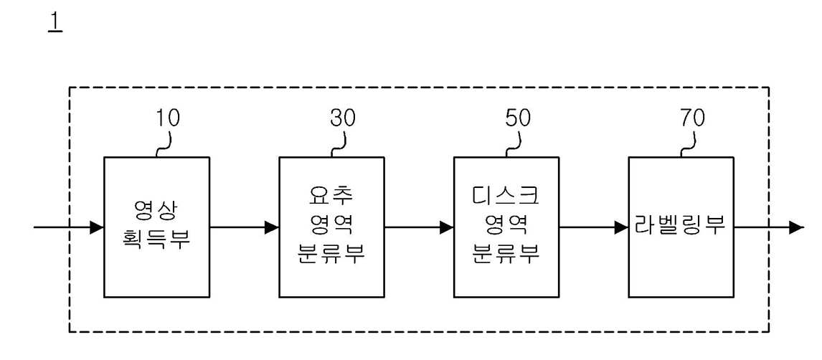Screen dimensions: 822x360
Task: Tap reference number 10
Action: click(x=168, y=118)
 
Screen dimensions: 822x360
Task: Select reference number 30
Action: click(x=343, y=118)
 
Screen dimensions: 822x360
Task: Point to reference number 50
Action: click(x=518, y=118)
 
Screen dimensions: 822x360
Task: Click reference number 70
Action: click(x=692, y=118)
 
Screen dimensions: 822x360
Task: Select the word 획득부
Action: click(x=157, y=240)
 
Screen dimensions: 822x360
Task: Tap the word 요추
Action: click(x=331, y=196)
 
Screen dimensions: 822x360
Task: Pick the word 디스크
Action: click(x=506, y=196)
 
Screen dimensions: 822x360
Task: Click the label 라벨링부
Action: click(x=681, y=227)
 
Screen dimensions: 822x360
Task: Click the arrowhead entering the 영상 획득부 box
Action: click(x=97, y=227)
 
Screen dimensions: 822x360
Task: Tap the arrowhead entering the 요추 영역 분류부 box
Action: click(x=272, y=227)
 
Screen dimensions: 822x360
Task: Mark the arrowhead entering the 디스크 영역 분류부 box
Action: click(x=447, y=227)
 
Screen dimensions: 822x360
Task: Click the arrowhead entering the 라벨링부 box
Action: click(x=621, y=227)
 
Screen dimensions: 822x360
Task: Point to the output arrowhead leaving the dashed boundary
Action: click(x=797, y=227)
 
